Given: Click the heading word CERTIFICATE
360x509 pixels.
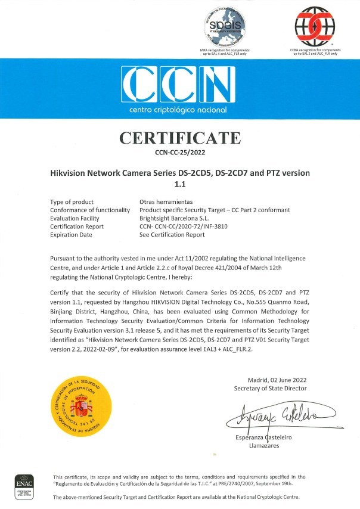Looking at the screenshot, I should point(179,138).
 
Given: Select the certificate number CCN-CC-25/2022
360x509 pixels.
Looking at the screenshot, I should point(179,153).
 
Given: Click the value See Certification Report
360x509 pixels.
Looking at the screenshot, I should point(172,235).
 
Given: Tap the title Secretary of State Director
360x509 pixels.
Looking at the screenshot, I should point(271,389).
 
